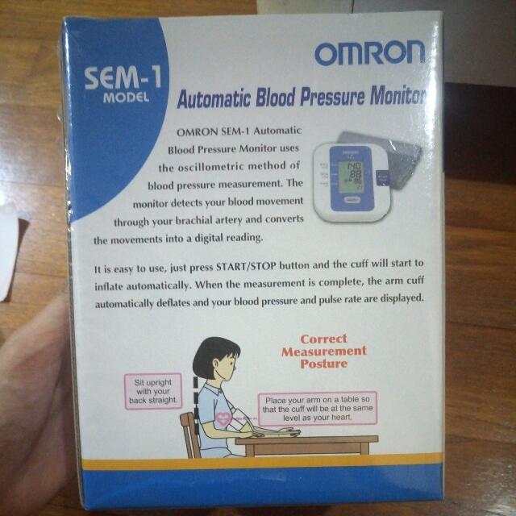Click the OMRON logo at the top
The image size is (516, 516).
pos(368,53)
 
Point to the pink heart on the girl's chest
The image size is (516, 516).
pos(223,419)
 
